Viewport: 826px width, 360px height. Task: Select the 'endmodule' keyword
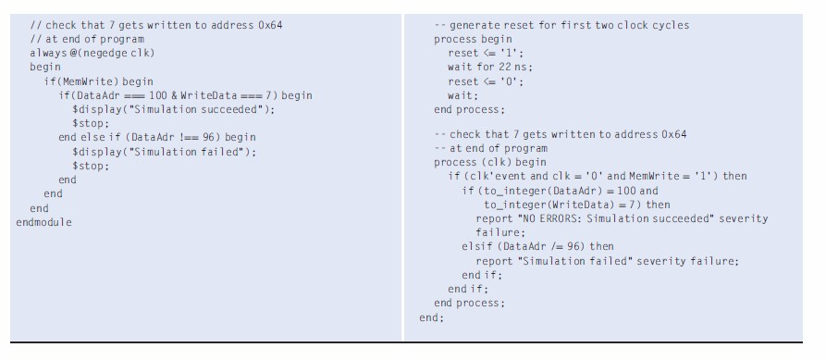click(43, 222)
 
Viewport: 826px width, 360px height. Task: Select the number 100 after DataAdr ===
click(181, 95)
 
